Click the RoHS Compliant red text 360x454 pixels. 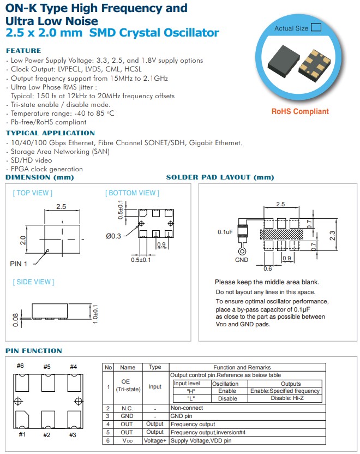pyautogui.click(x=300, y=111)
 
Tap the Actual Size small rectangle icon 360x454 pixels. pyautogui.click(x=316, y=27)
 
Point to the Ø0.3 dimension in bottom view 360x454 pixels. pyautogui.click(x=113, y=236)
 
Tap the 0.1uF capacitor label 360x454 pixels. pyautogui.click(x=225, y=232)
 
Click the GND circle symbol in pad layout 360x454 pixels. pyautogui.click(x=241, y=251)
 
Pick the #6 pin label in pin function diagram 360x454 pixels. pyautogui.click(x=21, y=367)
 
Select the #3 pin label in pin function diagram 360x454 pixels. pyautogui.click(x=73, y=435)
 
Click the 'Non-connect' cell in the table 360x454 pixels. pyautogui.click(x=187, y=408)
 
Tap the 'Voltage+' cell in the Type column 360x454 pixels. pyautogui.click(x=155, y=440)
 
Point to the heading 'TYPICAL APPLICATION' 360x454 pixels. pyautogui.click(x=50, y=133)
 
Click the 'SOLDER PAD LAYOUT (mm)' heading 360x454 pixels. pyautogui.click(x=220, y=177)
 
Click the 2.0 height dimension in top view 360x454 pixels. pyautogui.click(x=22, y=240)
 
